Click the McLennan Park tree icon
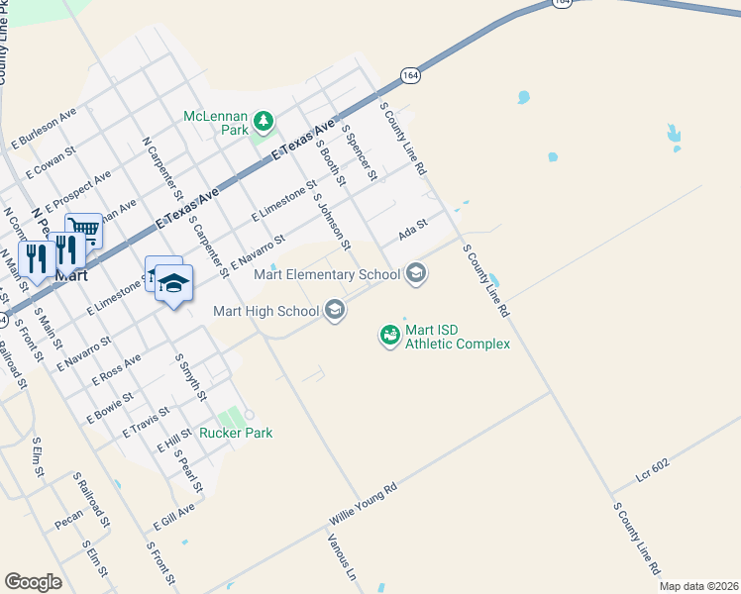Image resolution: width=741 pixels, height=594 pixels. pyautogui.click(x=264, y=123)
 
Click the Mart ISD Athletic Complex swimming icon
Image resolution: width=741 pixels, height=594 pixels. pyautogui.click(x=390, y=336)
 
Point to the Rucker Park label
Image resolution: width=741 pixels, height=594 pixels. pyautogui.click(x=236, y=433)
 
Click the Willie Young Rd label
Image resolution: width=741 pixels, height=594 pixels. pyautogui.click(x=363, y=504)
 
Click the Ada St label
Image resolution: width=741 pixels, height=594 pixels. pyautogui.click(x=412, y=231)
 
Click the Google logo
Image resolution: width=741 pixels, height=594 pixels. pyautogui.click(x=33, y=582)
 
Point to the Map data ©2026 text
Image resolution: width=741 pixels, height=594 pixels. pyautogui.click(x=699, y=586)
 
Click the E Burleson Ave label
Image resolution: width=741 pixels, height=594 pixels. pyautogui.click(x=44, y=129)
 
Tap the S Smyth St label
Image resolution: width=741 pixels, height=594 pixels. pyautogui.click(x=190, y=377)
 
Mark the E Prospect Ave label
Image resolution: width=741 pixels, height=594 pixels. pyautogui.click(x=78, y=190)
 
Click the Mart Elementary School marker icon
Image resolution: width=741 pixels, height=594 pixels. pyautogui.click(x=416, y=273)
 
